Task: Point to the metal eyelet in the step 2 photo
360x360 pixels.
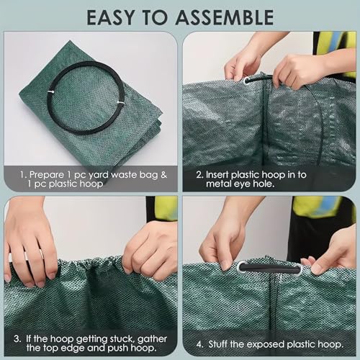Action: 249,81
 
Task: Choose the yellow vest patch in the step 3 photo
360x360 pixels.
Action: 165,208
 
